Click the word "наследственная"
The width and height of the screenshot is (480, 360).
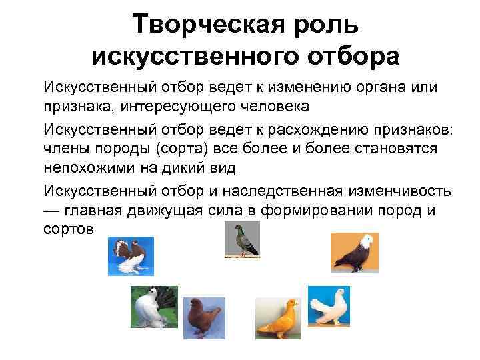coord(283,191)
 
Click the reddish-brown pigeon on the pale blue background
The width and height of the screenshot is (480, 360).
coord(201,319)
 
